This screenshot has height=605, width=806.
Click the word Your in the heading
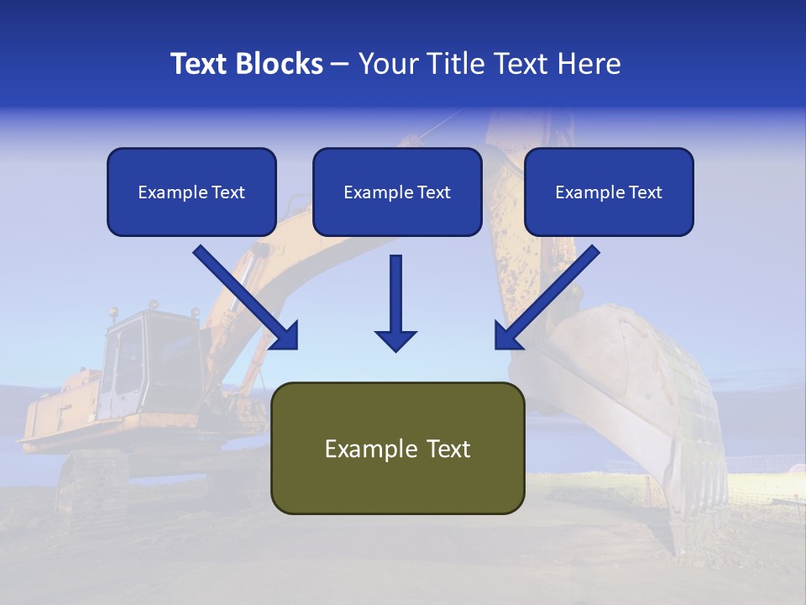pos(385,64)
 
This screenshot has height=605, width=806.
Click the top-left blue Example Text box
pos(191,192)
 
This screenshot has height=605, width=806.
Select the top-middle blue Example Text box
pos(397,192)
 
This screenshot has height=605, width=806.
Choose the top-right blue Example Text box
pos(609,192)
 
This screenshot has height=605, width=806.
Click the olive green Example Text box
pos(397,449)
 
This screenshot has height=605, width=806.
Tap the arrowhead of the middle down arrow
pos(396,339)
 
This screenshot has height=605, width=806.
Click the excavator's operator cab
pos(139,361)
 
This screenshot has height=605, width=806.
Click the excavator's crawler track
pos(92,483)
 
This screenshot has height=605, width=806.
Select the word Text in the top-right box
pos(645,192)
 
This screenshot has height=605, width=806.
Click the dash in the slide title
pos(340,64)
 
